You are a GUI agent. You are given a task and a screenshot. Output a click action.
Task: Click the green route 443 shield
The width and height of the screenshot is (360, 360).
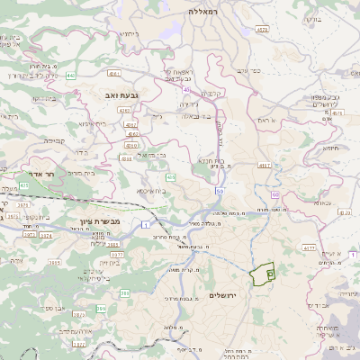70,76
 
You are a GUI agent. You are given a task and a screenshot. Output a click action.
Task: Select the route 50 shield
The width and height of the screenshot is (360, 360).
220,192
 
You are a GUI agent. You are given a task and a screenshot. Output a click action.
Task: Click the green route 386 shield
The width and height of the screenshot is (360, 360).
125,293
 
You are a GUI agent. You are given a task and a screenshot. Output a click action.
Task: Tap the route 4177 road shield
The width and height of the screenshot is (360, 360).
308,246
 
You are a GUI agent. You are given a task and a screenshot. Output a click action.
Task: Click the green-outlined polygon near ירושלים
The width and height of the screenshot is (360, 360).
262,274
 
